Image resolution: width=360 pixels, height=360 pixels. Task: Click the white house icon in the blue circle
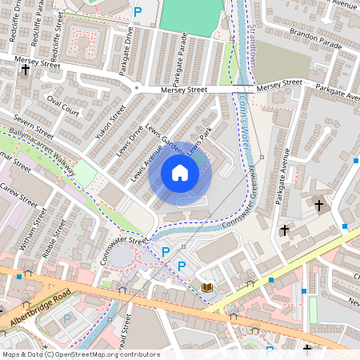click(x=180, y=172)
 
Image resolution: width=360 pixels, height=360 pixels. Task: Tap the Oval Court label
click(x=63, y=106)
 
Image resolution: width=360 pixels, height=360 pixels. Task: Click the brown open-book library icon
click(x=206, y=287)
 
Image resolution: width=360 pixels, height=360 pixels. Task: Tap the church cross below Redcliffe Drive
click(x=25, y=70)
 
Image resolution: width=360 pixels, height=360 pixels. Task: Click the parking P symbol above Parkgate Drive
click(x=138, y=12)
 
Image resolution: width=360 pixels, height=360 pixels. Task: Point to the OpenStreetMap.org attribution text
click(x=104, y=354)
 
